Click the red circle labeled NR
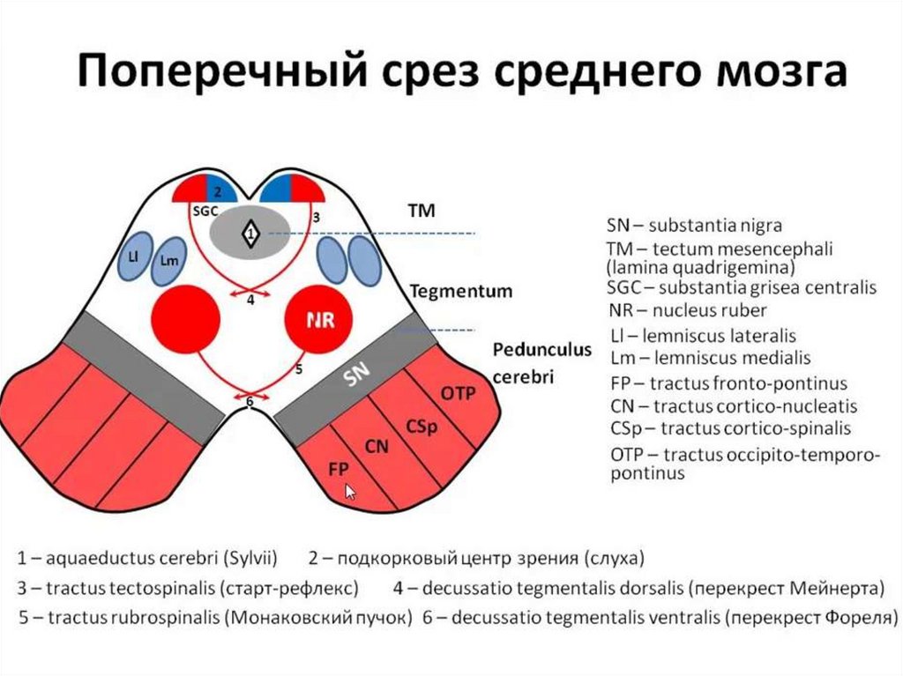(318, 319)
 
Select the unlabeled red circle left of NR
(185, 319)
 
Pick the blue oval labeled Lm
(168, 262)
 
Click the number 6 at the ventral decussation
(250, 402)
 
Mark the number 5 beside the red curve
(299, 368)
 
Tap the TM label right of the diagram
(422, 212)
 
